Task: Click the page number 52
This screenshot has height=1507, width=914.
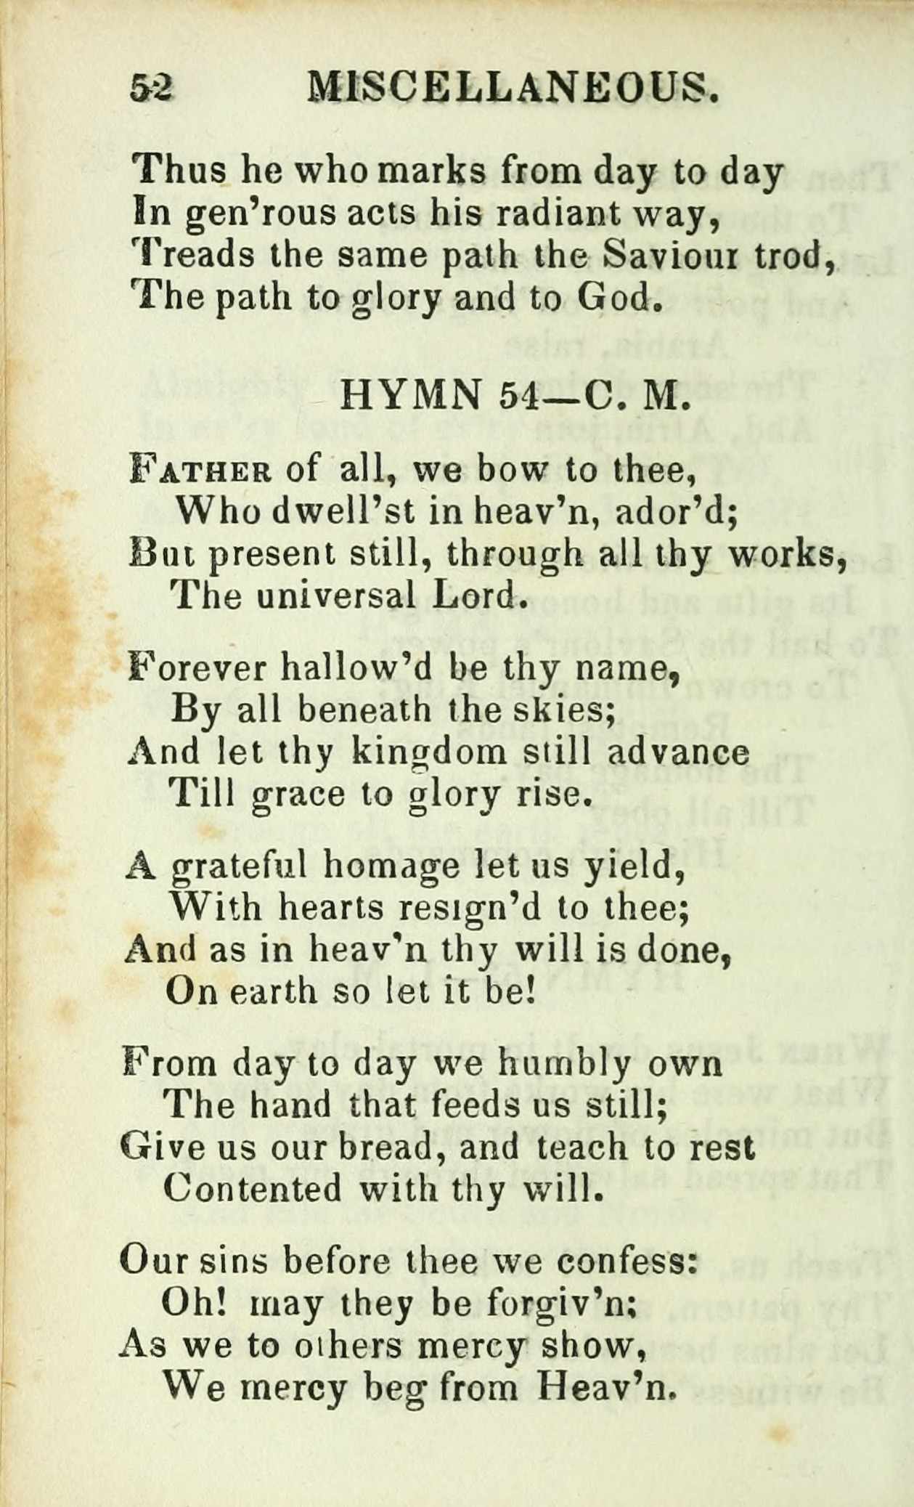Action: tap(151, 89)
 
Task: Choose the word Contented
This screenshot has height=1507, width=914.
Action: tap(252, 1189)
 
